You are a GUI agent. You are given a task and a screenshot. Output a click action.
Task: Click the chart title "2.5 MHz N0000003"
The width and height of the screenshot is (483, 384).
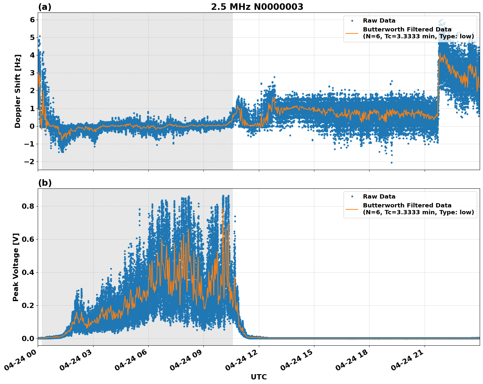257,7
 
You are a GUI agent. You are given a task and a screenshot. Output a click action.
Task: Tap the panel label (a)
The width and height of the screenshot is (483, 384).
45,7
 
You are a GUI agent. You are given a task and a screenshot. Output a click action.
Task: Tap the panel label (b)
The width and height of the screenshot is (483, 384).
45,183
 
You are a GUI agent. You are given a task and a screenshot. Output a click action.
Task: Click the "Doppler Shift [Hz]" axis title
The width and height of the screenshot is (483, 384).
18,91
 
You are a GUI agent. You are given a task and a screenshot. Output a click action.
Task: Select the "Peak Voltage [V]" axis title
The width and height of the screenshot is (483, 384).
16,267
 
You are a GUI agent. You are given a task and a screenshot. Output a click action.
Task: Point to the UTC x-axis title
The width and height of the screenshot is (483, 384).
259,377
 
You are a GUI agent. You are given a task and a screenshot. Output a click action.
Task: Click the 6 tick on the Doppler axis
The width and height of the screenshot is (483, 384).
32,20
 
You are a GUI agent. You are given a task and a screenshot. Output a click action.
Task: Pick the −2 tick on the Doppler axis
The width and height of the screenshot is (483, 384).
30,162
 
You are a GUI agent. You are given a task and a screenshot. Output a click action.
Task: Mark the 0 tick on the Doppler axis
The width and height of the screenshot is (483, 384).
32,126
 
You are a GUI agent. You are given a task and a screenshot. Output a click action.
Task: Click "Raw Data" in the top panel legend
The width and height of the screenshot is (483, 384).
379,21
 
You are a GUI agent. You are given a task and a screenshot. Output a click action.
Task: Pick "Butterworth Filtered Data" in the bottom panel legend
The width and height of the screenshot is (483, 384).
407,205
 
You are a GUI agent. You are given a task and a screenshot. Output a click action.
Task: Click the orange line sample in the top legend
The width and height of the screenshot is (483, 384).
352,33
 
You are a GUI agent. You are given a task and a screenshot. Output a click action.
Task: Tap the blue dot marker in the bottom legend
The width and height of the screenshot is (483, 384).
352,197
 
